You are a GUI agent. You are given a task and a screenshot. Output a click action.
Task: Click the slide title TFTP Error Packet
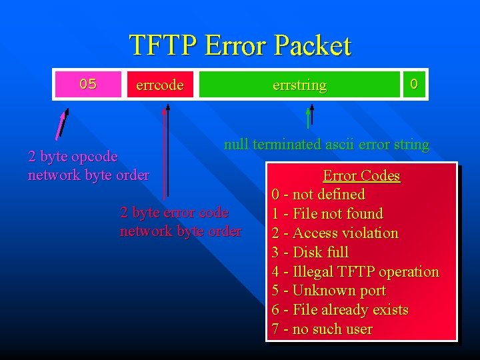point(239,45)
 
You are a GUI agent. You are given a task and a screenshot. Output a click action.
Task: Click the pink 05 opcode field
point(88,85)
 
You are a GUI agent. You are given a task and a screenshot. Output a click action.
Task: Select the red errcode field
point(160,85)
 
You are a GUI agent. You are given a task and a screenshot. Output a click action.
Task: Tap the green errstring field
point(299,85)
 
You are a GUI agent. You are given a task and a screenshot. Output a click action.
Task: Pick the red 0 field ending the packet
point(414,85)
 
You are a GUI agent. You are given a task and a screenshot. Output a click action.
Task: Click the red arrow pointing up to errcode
point(164,153)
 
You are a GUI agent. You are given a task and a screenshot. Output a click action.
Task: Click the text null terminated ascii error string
point(326,144)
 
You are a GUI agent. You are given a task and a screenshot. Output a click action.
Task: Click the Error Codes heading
point(361,176)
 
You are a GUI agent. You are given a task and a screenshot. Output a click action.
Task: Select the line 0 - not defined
point(318,195)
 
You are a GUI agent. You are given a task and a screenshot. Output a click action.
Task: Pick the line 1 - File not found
point(327,214)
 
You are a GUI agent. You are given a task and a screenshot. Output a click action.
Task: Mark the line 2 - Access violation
point(335,233)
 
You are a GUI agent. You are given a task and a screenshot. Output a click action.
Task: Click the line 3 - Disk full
point(310,252)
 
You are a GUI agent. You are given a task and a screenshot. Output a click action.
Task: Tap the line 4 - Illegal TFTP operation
point(355,271)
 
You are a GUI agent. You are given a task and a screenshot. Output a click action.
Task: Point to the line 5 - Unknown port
point(329,291)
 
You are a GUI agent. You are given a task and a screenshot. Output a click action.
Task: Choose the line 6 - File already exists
point(340,310)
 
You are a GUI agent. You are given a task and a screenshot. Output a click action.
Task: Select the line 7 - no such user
point(322,329)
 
